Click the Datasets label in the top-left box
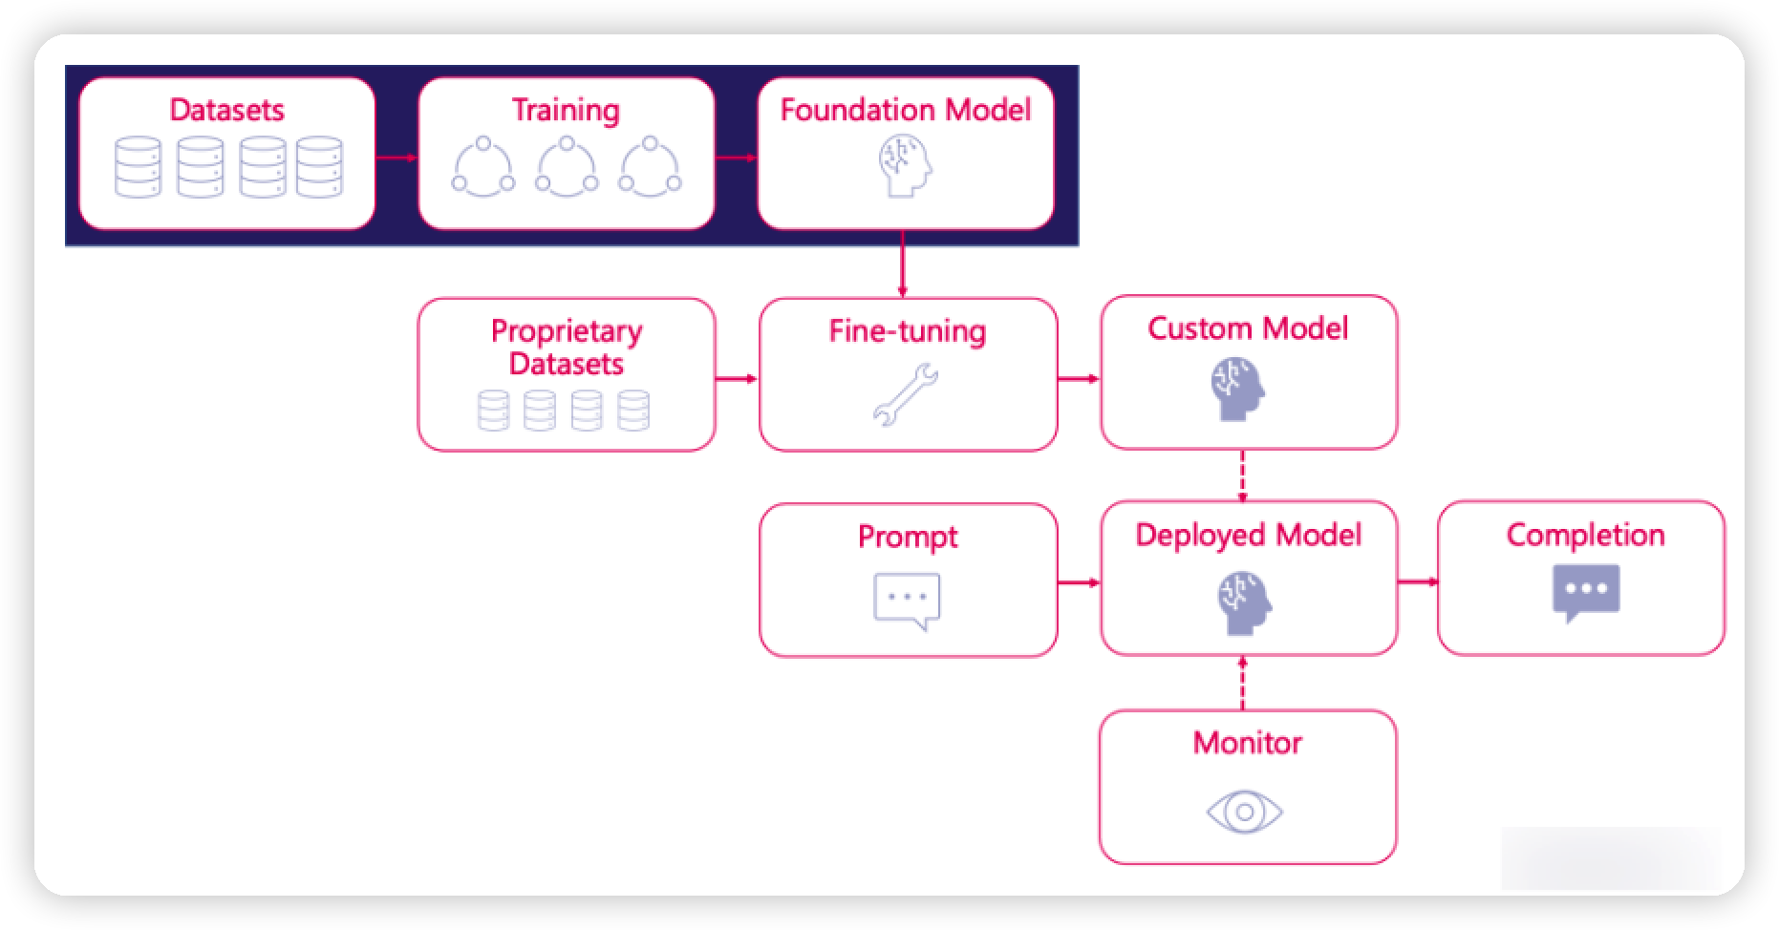tap(226, 110)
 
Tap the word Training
tap(566, 110)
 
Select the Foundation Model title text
tap(906, 110)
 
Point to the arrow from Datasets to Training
tap(397, 158)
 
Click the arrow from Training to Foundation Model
tap(736, 158)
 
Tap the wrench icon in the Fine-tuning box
tap(905, 393)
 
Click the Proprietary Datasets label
tap(567, 348)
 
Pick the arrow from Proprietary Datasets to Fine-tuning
tap(737, 379)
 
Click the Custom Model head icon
tap(1238, 389)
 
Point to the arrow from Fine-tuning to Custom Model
tap(1079, 379)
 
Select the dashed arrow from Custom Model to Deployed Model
tap(1242, 476)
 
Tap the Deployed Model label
tap(1248, 535)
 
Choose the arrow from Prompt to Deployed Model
tap(1079, 582)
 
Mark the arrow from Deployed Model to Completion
tap(1418, 581)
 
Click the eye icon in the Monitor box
tap(1244, 813)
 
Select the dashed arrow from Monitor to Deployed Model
tap(1242, 683)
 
